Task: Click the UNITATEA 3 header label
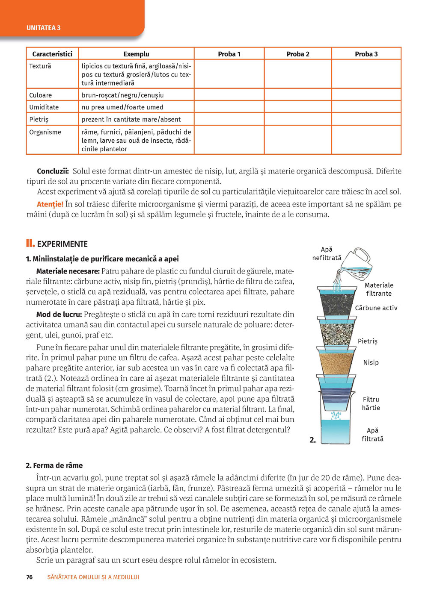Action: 43,28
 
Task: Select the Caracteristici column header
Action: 52,54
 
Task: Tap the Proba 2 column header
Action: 298,54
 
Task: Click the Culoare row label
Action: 40,95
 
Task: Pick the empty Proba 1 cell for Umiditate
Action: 229,107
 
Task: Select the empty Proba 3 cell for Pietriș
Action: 366,119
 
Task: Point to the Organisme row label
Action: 45,132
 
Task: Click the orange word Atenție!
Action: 50,204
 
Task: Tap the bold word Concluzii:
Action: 53,171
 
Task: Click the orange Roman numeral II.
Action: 30,244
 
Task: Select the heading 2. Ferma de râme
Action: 54,465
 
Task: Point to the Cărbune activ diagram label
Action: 376,308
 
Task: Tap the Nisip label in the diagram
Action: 371,362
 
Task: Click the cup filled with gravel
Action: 336,333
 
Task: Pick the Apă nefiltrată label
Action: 327,253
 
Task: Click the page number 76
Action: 29,577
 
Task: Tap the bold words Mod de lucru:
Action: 59,314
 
